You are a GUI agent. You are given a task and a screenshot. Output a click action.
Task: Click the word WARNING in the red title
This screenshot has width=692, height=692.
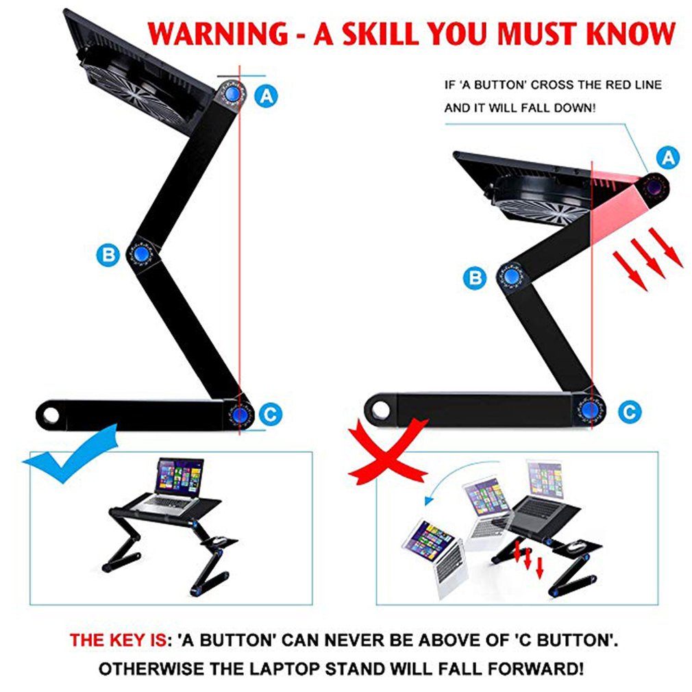coord(214,34)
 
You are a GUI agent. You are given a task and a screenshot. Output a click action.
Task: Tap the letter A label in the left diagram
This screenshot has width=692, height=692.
coord(267,95)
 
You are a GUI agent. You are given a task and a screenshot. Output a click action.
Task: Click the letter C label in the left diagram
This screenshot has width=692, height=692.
coord(270,413)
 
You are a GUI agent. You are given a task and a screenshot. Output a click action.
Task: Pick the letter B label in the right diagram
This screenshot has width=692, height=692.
coord(474,277)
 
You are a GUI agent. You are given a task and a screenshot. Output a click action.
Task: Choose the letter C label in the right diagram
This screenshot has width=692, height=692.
coord(630,411)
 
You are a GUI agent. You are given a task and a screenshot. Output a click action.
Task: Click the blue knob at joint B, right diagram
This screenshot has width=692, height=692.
coord(511,277)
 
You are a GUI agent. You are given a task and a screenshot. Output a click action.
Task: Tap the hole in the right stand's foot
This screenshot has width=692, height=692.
coord(378,410)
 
